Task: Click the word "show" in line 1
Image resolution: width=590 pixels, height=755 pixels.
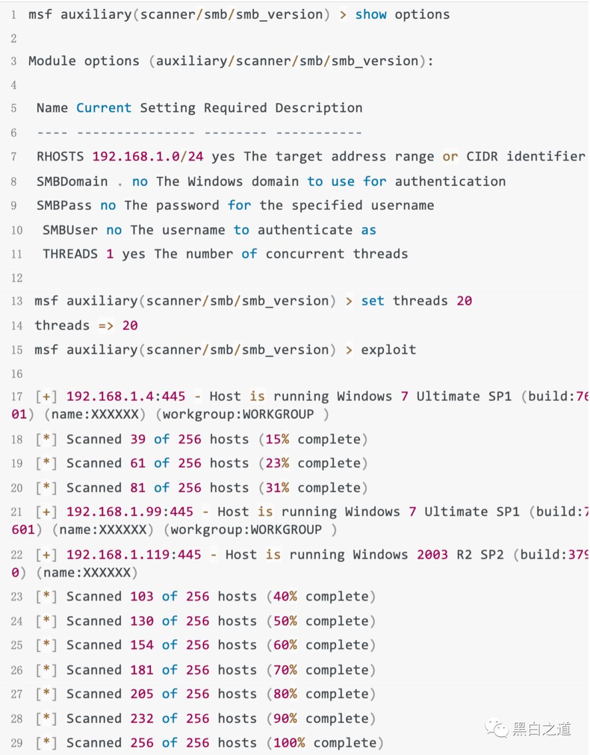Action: tap(370, 15)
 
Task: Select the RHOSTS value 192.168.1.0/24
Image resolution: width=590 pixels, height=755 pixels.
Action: tap(147, 157)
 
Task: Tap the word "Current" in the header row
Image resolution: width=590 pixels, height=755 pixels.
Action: tap(104, 108)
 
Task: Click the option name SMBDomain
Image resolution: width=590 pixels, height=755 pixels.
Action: tap(72, 181)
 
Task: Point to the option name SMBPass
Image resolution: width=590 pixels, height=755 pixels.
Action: tap(64, 205)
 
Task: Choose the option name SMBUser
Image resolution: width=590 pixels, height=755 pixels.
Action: tap(70, 230)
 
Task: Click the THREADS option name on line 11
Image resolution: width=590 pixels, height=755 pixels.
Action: tap(70, 254)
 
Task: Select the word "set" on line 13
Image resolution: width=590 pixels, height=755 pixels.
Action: tap(373, 301)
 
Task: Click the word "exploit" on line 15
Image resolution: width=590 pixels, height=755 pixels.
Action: tap(388, 349)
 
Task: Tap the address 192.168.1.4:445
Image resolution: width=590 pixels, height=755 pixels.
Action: tap(126, 396)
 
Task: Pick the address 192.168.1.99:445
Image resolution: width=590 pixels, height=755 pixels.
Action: tap(129, 512)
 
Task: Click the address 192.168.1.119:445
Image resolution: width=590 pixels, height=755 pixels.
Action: tap(134, 555)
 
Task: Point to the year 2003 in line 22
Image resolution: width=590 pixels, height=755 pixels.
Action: tap(432, 555)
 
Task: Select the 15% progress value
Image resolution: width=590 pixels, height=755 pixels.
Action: tap(277, 439)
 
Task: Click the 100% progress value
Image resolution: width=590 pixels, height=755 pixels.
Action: tap(289, 742)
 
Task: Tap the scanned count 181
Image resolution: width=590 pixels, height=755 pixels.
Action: tap(141, 670)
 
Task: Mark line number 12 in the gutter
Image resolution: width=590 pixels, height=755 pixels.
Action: tap(17, 278)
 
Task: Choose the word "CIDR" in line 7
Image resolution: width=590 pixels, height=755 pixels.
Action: tap(482, 157)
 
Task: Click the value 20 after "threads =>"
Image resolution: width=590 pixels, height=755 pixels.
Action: tap(130, 325)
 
